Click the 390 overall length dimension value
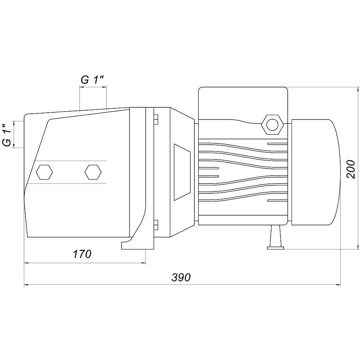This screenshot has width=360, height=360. click(181, 277)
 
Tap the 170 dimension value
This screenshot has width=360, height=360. click(82, 254)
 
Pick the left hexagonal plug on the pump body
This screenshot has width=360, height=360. click(44, 172)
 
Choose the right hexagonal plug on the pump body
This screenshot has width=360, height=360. click(93, 172)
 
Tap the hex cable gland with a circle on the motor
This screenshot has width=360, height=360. click(272, 125)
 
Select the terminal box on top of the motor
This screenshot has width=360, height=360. click(243, 103)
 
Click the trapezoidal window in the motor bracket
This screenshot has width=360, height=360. click(182, 172)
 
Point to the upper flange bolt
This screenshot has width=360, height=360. click(156, 119)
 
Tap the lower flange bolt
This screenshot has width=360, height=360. click(156, 225)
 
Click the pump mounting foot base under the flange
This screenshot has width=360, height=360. click(138, 245)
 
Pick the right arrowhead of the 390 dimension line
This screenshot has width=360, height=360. click(338, 285)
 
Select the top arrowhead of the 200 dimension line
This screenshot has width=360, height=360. click(358, 90)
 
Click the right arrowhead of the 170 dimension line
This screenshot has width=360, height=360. click(143, 263)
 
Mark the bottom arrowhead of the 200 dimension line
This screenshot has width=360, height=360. click(358, 247)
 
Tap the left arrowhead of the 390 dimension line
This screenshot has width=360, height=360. click(27, 285)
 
